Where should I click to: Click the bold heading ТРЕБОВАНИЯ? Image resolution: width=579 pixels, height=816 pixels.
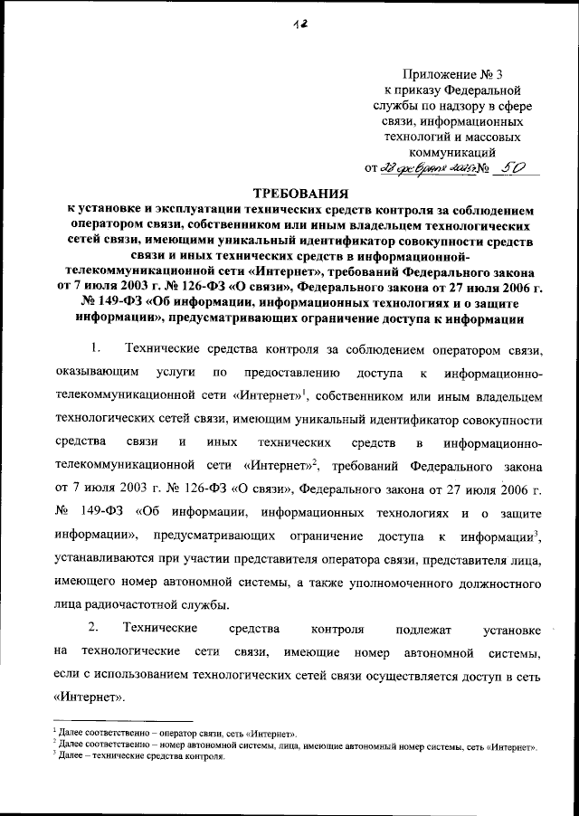[x=299, y=193]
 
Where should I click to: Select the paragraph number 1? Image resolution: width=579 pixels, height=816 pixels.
[x=98, y=349]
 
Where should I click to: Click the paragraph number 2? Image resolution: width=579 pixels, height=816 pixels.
[x=98, y=628]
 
